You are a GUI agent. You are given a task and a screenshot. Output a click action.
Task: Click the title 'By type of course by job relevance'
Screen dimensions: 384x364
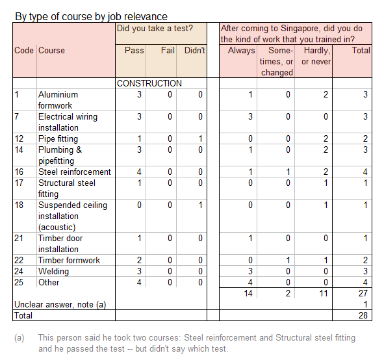click(91, 16)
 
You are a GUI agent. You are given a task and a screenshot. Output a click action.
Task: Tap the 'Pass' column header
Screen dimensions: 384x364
click(134, 50)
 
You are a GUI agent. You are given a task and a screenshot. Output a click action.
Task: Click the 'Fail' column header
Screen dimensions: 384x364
click(168, 50)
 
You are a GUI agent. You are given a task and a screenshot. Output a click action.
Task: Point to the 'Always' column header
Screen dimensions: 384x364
click(241, 50)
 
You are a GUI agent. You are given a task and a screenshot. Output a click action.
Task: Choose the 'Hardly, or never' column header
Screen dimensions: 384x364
click(316, 56)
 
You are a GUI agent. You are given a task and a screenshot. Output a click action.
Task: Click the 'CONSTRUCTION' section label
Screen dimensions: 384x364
click(149, 83)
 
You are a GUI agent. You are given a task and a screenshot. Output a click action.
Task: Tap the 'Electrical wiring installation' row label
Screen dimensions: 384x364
click(68, 122)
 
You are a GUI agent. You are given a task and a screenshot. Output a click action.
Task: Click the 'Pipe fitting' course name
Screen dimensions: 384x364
click(58, 138)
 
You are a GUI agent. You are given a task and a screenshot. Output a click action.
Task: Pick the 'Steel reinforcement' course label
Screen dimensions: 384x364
click(74, 172)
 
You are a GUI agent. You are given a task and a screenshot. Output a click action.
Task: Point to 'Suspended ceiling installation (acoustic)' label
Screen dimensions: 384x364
click(72, 216)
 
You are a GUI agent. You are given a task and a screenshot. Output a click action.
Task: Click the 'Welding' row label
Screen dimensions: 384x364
click(53, 271)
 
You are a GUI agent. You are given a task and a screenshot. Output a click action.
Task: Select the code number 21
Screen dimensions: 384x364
click(19, 238)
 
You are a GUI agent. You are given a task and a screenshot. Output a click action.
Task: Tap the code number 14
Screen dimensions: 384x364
click(19, 149)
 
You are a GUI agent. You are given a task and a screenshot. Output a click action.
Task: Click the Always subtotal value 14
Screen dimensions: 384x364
click(248, 293)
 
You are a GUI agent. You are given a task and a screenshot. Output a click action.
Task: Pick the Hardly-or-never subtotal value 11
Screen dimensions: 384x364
click(324, 293)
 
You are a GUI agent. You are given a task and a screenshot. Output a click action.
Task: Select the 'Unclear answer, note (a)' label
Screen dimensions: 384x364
click(60, 304)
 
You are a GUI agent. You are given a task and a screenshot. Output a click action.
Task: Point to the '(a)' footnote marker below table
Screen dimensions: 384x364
click(20, 338)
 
